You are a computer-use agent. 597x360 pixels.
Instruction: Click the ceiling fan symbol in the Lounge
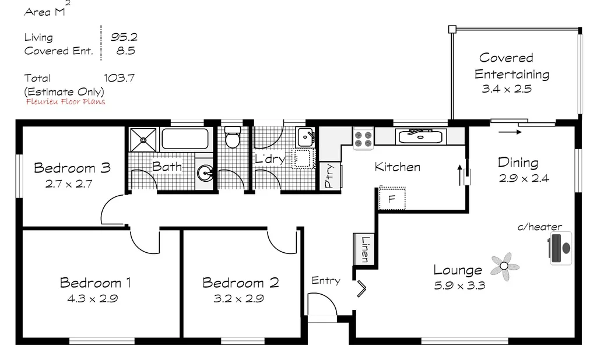pyautogui.click(x=504, y=267)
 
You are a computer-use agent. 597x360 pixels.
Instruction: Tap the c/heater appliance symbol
pyautogui.click(x=561, y=248)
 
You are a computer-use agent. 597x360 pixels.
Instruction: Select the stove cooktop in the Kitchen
pyautogui.click(x=363, y=138)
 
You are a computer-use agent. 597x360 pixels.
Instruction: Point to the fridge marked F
pyautogui.click(x=392, y=199)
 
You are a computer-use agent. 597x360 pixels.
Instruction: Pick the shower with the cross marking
pyautogui.click(x=143, y=139)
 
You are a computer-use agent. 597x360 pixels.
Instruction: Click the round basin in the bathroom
pyautogui.click(x=205, y=173)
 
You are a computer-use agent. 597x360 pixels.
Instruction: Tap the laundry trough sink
pyautogui.click(x=306, y=137)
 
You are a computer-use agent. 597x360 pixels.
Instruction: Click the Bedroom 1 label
pyautogui.click(x=95, y=283)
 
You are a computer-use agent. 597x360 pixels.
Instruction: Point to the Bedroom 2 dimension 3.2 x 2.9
pyautogui.click(x=241, y=299)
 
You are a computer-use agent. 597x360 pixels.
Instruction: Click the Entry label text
pyautogui.click(x=325, y=281)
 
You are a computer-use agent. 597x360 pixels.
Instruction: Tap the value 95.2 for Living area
pyautogui.click(x=124, y=37)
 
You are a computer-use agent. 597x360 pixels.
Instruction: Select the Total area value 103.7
pyautogui.click(x=120, y=77)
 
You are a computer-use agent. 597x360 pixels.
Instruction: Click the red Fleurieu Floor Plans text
pyautogui.click(x=66, y=101)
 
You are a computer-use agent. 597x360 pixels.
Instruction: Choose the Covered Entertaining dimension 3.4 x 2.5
pyautogui.click(x=507, y=89)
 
